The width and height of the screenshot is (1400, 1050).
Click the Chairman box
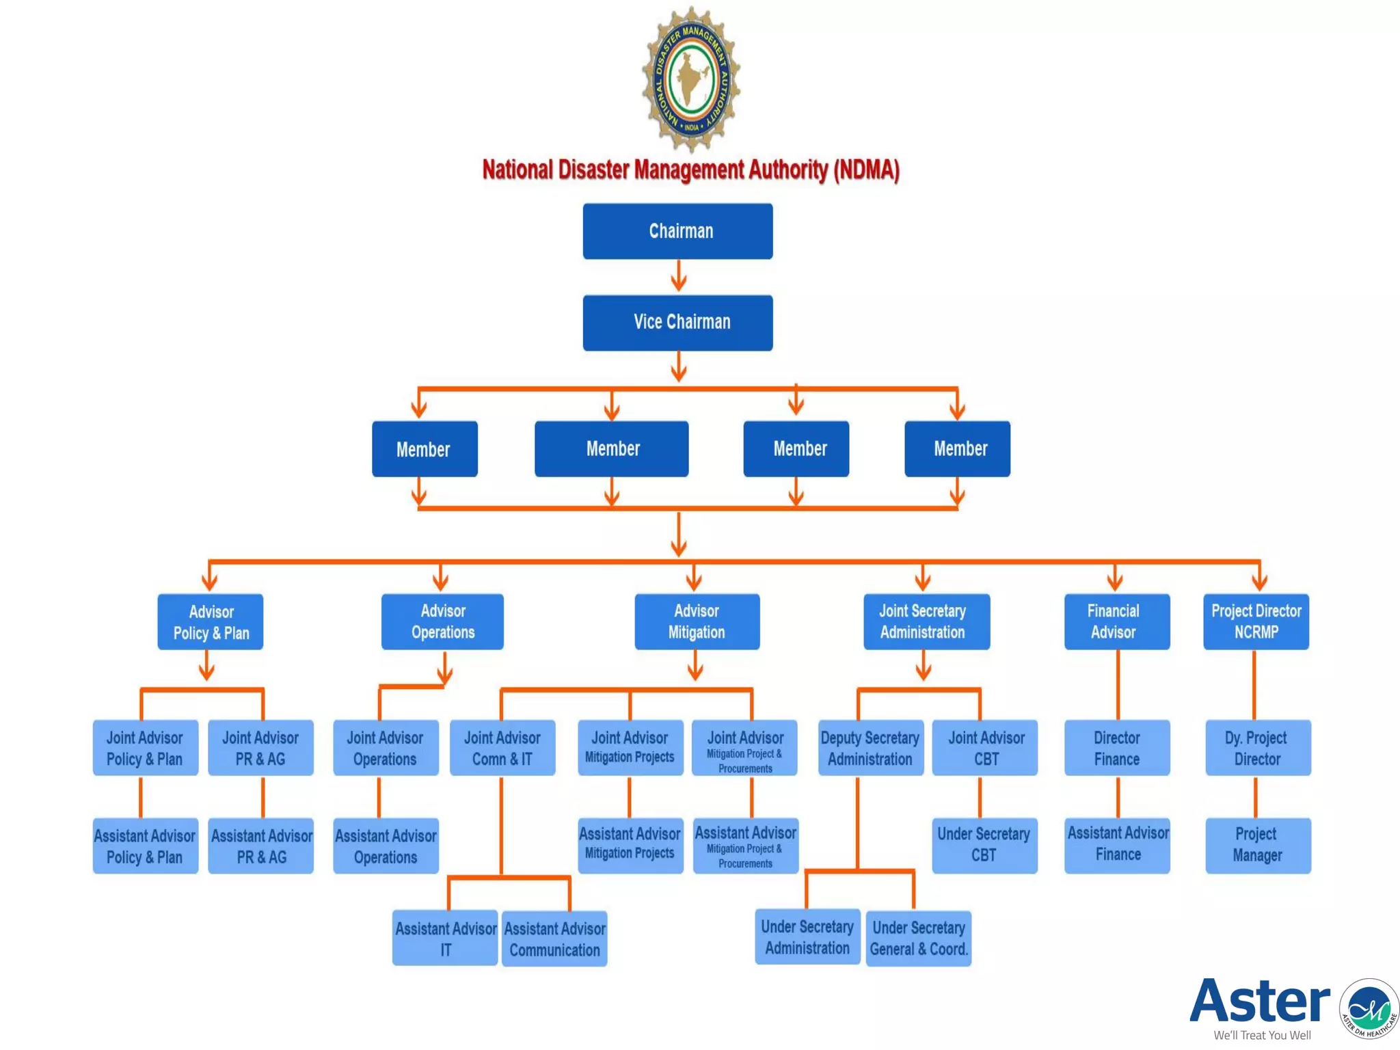point(677,231)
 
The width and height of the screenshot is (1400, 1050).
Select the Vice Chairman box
point(677,323)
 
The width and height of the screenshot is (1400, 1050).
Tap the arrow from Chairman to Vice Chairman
point(678,276)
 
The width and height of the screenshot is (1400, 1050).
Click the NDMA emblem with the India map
point(691,79)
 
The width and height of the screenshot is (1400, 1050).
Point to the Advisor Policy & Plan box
point(211,621)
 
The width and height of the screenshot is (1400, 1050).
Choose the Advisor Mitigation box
point(697,621)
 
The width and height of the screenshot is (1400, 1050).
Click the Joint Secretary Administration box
point(926,621)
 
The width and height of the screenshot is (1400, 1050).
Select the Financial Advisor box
point(1116,621)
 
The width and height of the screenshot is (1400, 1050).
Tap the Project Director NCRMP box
point(1256,621)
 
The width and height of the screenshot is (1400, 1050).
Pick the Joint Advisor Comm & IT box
point(502,748)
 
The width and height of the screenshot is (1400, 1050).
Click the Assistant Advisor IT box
point(445,939)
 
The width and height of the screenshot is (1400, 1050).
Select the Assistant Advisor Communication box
point(554,939)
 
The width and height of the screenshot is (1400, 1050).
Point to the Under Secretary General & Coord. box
point(918,938)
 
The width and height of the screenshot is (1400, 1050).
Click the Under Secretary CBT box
point(984,845)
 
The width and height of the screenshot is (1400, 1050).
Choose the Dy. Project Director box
point(1258,748)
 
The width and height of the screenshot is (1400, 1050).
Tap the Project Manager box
point(1258,845)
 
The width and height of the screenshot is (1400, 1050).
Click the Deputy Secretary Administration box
point(870,748)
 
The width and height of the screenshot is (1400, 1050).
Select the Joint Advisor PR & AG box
point(260,748)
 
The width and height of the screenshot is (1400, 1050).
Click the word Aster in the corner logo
point(1260,1001)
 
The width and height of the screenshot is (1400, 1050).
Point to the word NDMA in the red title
point(865,170)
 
